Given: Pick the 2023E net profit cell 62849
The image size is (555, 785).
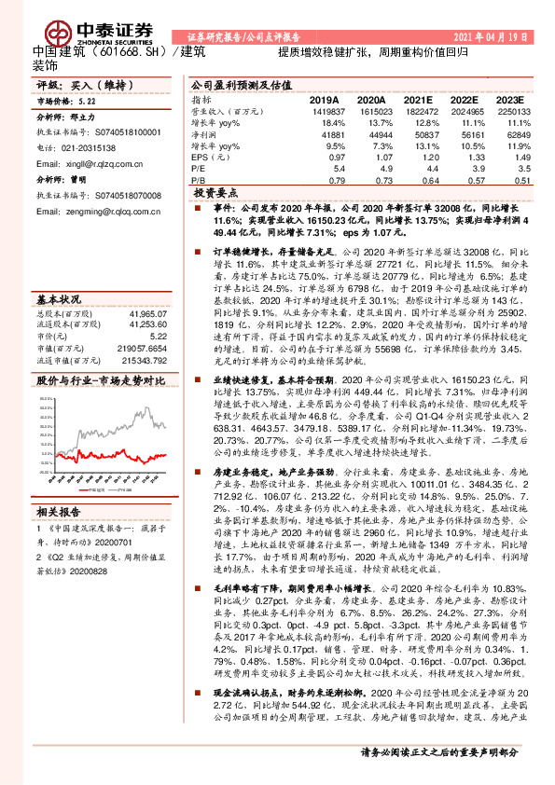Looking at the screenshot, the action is click(x=514, y=136).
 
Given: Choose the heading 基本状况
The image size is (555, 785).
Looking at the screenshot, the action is click(x=57, y=300).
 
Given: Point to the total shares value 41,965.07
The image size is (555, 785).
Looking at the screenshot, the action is click(x=146, y=315).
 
